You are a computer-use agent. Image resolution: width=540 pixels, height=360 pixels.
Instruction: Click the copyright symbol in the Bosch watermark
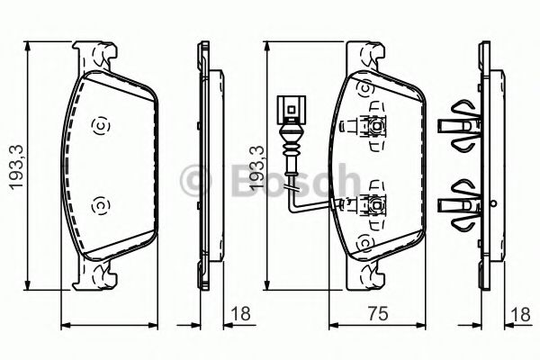click(x=194, y=180)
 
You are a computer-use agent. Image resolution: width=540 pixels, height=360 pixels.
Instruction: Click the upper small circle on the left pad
click(x=100, y=125)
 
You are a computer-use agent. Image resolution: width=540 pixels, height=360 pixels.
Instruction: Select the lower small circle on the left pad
click(x=100, y=206)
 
